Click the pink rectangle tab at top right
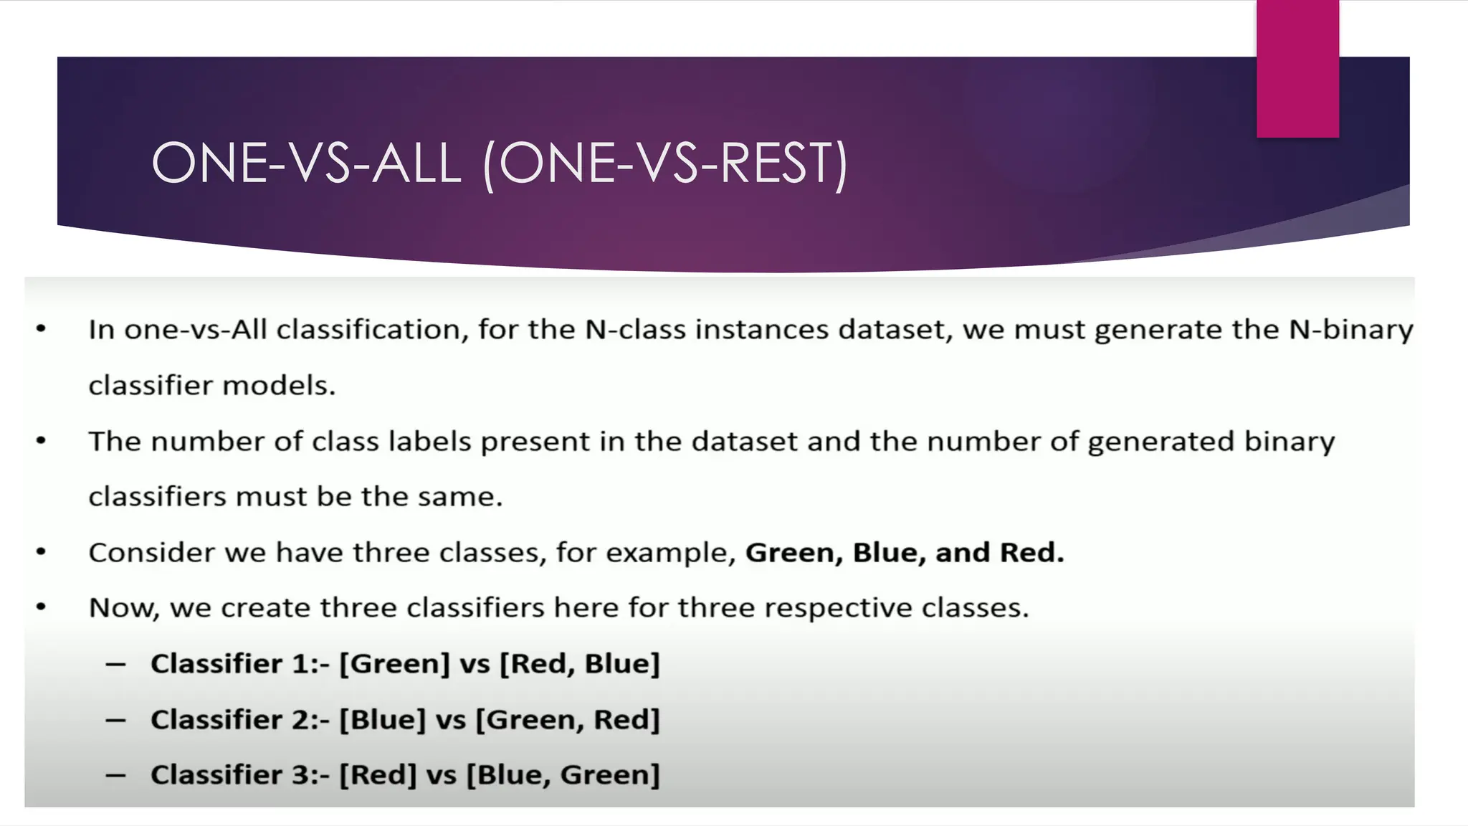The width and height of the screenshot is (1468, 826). click(1297, 68)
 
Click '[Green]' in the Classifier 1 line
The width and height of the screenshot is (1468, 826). click(394, 664)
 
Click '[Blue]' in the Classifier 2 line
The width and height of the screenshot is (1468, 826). click(382, 720)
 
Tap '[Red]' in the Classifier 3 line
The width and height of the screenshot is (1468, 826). click(378, 775)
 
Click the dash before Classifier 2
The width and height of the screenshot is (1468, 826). click(115, 720)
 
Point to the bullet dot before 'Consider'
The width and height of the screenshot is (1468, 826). click(41, 552)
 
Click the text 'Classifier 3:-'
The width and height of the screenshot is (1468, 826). click(239, 775)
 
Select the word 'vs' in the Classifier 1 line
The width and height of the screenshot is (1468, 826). click(475, 664)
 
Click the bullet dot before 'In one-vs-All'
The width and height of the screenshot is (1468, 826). click(41, 329)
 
